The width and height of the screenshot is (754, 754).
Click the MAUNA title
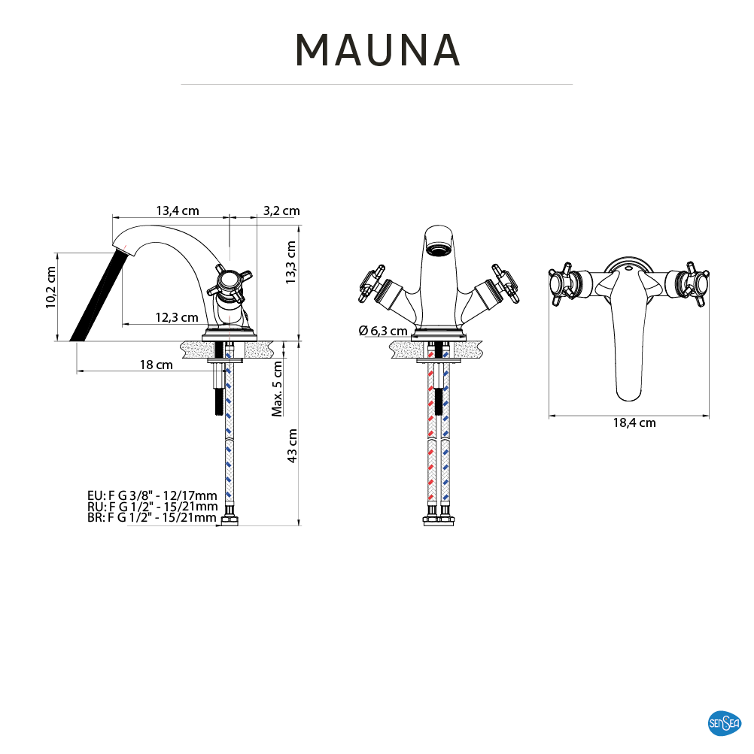point(378,50)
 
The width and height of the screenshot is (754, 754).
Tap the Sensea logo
point(724,722)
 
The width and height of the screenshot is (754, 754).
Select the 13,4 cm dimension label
point(177,210)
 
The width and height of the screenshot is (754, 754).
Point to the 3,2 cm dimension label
point(281,210)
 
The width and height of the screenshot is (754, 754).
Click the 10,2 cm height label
point(50,288)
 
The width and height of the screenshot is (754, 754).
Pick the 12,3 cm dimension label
point(177,317)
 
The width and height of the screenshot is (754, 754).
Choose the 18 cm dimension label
point(156,365)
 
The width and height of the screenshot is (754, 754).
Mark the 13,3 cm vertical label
point(290,262)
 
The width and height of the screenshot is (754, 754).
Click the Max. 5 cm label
point(277,389)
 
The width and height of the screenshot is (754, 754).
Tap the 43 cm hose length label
point(292,446)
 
